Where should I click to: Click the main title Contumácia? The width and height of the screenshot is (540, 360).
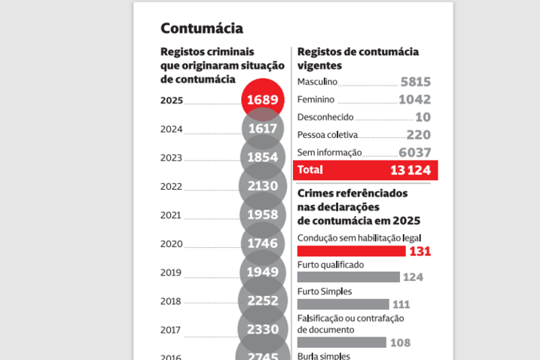(x=201, y=29)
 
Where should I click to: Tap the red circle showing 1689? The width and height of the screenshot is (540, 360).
(x=264, y=99)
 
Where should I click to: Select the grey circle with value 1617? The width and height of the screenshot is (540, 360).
(x=264, y=129)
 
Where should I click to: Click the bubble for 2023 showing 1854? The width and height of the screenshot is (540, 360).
(x=264, y=157)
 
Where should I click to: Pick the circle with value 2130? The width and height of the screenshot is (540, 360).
(x=264, y=186)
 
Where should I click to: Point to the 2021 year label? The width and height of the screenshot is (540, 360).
(x=171, y=215)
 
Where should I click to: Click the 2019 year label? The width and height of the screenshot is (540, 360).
(x=171, y=272)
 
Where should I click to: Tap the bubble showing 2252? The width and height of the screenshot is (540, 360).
(x=264, y=301)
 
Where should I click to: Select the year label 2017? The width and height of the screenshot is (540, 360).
(x=171, y=329)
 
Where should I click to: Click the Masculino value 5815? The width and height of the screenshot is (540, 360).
(x=415, y=81)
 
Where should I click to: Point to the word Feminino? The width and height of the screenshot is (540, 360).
(x=316, y=99)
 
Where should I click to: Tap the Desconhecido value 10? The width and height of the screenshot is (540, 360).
(x=423, y=117)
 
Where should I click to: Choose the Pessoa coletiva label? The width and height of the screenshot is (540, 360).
(x=327, y=135)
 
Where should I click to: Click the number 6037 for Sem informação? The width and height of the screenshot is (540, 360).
(x=413, y=152)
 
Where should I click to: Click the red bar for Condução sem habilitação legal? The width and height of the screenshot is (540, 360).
(x=351, y=251)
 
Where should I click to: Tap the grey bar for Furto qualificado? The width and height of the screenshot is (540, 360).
(x=348, y=277)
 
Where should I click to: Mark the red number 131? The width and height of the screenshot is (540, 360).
(x=419, y=252)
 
